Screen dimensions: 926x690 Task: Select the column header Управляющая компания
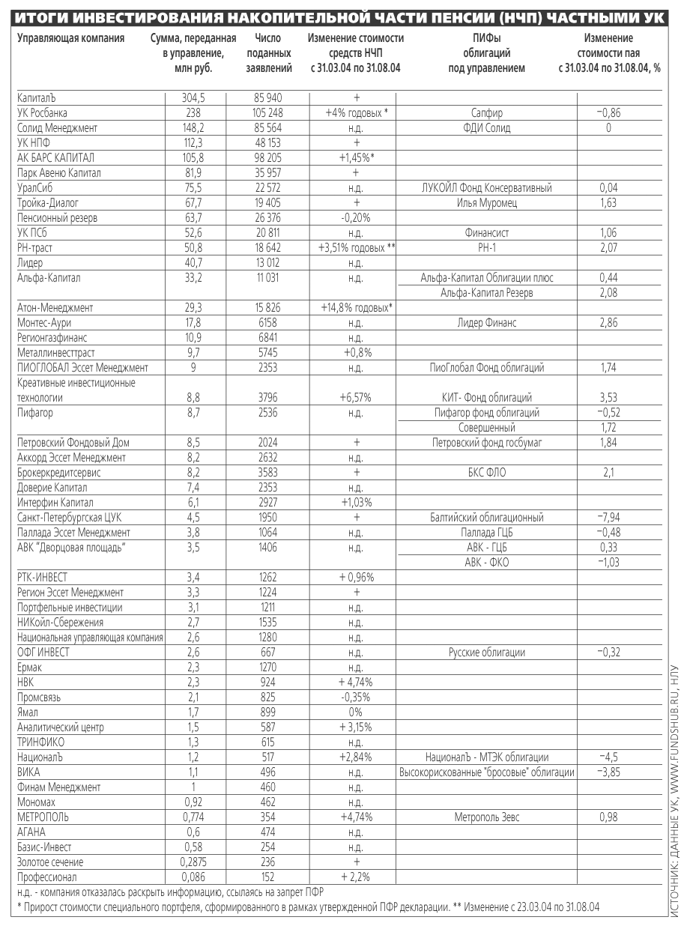pyautogui.click(x=71, y=38)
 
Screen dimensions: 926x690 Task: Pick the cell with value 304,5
pyautogui.click(x=193, y=98)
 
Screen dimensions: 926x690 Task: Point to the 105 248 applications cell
pyautogui.click(x=265, y=113)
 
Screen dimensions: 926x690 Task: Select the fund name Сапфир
pyautogui.click(x=487, y=113)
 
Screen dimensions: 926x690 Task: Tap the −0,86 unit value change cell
pyautogui.click(x=608, y=113)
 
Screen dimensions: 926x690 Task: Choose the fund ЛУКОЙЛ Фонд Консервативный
pyautogui.click(x=487, y=188)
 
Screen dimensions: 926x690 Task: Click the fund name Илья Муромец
pyautogui.click(x=487, y=203)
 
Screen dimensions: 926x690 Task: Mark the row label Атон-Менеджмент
pyautogui.click(x=55, y=308)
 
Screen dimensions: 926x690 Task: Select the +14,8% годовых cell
pyautogui.click(x=356, y=308)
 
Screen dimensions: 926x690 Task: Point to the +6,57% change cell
pyautogui.click(x=356, y=398)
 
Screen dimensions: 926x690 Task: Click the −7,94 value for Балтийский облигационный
pyautogui.click(x=608, y=518)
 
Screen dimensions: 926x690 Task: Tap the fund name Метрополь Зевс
pyautogui.click(x=487, y=817)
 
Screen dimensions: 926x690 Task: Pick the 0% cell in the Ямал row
pyautogui.click(x=356, y=712)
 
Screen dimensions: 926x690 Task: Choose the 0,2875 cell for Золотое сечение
pyautogui.click(x=193, y=862)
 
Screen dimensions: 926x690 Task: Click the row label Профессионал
pyautogui.click(x=46, y=877)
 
